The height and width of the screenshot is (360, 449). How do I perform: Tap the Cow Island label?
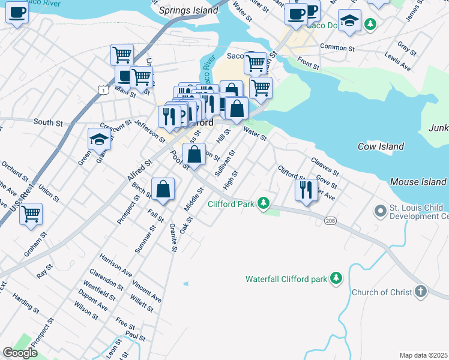point(381,146)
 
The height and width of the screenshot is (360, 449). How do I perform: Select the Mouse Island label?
point(418,182)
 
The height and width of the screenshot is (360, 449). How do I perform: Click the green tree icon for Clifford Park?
point(263,204)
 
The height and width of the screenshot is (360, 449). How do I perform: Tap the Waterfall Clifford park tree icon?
point(337,278)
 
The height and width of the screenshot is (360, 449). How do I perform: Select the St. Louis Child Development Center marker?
point(379,211)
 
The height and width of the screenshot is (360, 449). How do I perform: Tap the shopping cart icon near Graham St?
point(31,214)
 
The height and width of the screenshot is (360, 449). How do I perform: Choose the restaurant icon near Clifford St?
point(306,190)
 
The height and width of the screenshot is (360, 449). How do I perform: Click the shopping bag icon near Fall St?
point(163,190)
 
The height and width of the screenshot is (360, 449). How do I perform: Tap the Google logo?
point(20,353)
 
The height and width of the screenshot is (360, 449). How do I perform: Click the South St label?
point(48,122)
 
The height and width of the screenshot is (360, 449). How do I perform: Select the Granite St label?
point(173,237)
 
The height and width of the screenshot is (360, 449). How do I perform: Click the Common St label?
point(338,47)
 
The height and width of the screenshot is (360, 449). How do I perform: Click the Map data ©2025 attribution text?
point(423,355)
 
